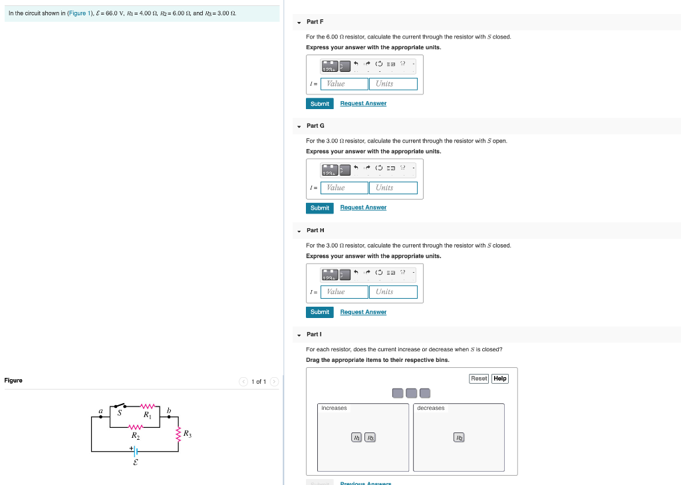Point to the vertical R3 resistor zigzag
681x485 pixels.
pos(178,434)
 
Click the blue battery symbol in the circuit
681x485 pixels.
pos(134,450)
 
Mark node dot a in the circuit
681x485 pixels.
pos(101,418)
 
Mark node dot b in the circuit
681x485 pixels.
pos(169,417)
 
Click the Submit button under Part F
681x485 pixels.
pos(320,104)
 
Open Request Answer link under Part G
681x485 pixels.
pos(363,208)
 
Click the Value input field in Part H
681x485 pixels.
pos(344,292)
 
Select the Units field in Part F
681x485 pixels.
pos(393,84)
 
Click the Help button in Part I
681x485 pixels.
pos(500,379)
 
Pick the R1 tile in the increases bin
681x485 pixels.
pos(357,437)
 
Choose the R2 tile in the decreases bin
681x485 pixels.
pos(459,437)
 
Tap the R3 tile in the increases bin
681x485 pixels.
pos(370,437)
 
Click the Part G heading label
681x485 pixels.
pos(315,126)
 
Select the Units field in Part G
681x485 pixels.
pos(393,188)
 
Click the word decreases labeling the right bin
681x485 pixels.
pos(431,408)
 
